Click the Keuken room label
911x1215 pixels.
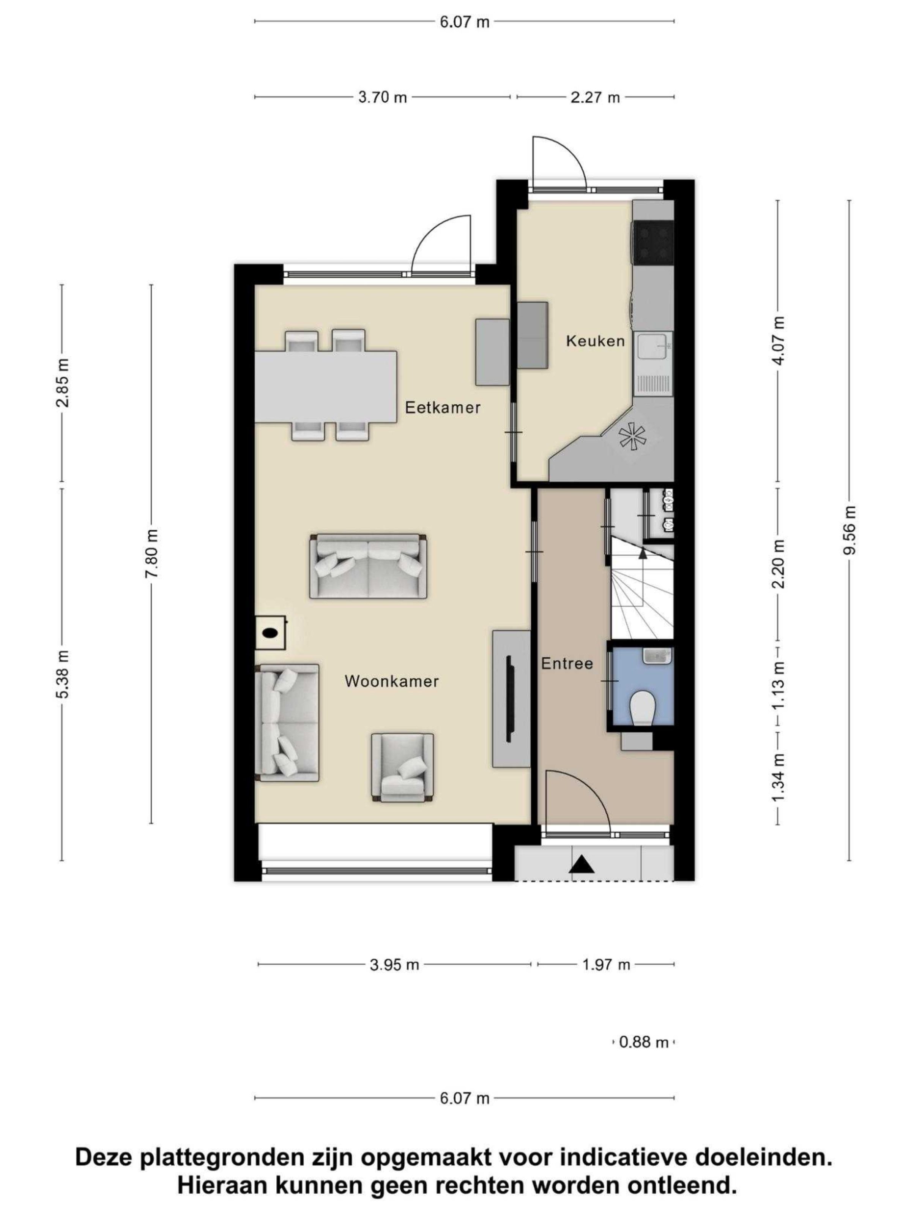[x=595, y=341]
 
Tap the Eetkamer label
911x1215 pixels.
[x=443, y=407]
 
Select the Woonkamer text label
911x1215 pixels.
[x=391, y=681]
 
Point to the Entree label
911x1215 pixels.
[x=567, y=664]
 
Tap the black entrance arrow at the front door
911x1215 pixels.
[x=581, y=865]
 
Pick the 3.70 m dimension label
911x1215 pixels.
[x=383, y=97]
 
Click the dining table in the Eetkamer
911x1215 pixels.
[x=326, y=387]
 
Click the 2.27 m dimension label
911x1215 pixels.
[x=595, y=97]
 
